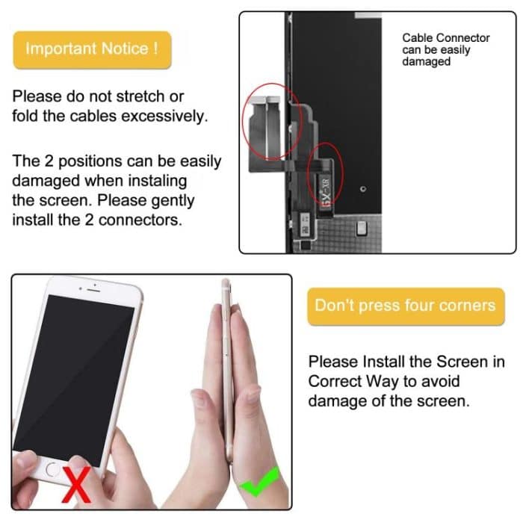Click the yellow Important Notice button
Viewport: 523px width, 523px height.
coord(91,49)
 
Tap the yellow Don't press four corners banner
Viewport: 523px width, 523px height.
coord(405,306)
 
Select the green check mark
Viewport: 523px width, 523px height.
coord(259,481)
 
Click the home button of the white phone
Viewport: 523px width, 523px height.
coord(52,470)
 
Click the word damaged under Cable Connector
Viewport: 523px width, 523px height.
coord(427,62)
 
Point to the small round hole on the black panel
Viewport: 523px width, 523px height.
coord(362,189)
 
